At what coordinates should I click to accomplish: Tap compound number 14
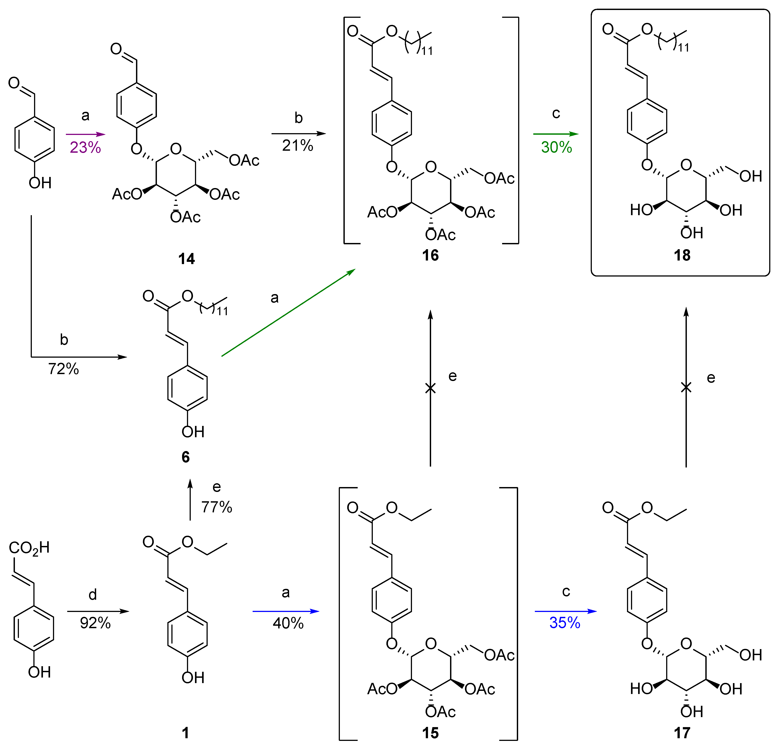(x=187, y=259)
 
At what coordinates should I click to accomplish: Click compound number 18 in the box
(x=682, y=255)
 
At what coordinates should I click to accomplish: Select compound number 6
(x=186, y=457)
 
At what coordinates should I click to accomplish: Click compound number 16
(x=430, y=255)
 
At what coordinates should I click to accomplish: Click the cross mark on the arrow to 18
(x=686, y=387)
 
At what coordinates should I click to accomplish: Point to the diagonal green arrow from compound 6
(x=288, y=313)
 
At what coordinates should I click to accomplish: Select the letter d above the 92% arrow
(x=93, y=594)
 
